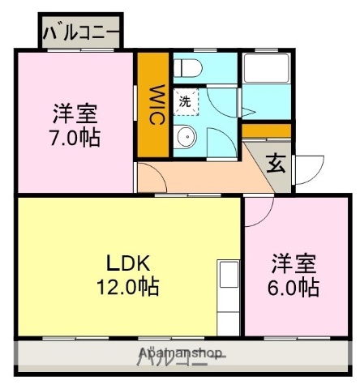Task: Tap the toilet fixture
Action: click(x=185, y=66)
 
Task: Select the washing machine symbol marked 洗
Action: click(x=186, y=101)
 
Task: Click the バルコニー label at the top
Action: click(x=80, y=33)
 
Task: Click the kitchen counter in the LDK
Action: click(x=227, y=297)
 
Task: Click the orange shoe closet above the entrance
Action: click(x=266, y=131)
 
